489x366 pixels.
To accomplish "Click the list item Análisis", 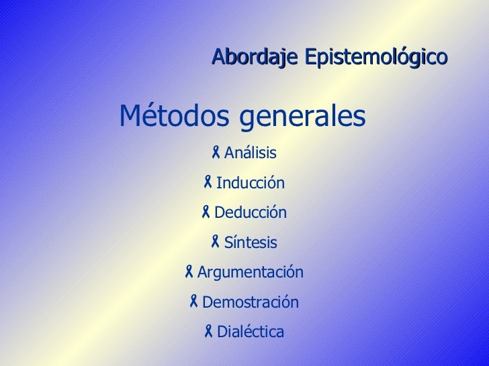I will point(250,154).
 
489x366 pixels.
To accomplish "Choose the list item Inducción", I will point(250,184).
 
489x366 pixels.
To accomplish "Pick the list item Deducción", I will point(250,213).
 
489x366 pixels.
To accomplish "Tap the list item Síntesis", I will point(250,243).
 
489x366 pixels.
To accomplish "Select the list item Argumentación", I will point(250,273).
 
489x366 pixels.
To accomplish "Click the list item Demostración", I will point(250,302).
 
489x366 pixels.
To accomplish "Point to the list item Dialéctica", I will point(250,332).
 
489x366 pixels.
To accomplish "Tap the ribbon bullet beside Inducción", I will point(208,182).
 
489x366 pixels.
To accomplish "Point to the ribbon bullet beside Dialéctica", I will point(209,330).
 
